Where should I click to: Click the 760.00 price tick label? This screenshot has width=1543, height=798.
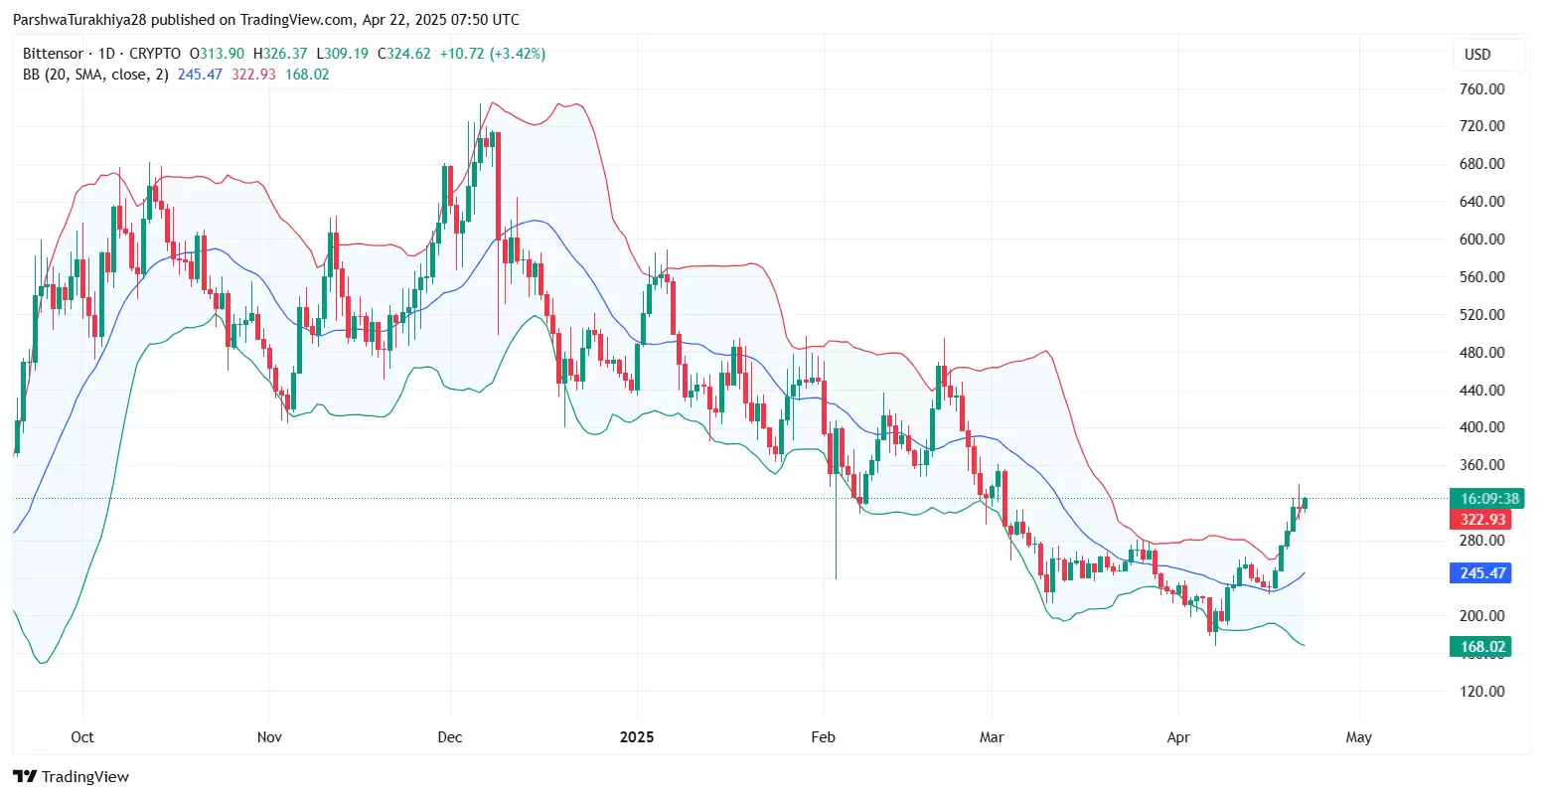[x=1482, y=89]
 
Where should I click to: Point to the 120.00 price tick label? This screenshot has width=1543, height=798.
[x=1482, y=692]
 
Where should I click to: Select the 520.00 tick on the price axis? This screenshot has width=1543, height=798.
[x=1482, y=315]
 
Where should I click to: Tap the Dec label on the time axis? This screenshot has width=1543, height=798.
[x=450, y=737]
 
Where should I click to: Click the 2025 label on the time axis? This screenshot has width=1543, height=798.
[x=636, y=737]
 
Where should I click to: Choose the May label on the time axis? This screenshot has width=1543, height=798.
[x=1358, y=737]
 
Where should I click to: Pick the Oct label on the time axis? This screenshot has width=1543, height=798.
[x=82, y=737]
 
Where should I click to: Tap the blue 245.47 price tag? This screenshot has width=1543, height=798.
[x=1482, y=573]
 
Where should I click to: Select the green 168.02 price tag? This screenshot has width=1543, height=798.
[x=1482, y=647]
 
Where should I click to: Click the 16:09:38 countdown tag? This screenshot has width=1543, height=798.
[x=1482, y=499]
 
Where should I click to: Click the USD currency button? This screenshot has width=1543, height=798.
[x=1477, y=55]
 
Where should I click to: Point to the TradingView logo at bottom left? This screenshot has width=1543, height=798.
[x=72, y=777]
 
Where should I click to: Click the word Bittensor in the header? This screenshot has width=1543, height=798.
[x=53, y=54]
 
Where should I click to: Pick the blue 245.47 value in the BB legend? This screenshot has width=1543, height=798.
[x=200, y=75]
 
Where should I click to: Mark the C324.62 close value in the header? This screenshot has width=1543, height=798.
[x=403, y=54]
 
